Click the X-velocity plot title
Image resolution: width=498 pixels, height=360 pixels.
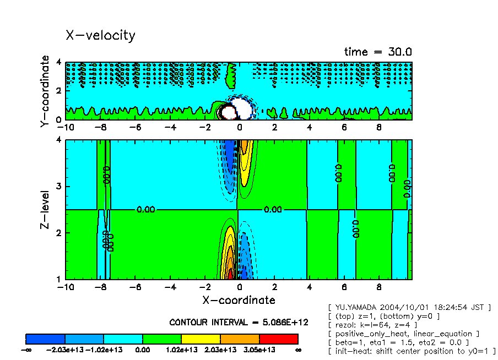(x=100, y=35)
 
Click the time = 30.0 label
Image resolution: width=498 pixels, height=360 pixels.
(x=378, y=52)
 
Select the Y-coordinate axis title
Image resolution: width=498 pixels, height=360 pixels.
(x=45, y=92)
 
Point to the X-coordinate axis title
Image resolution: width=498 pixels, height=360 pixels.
(x=238, y=300)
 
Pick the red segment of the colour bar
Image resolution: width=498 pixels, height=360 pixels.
(x=278, y=339)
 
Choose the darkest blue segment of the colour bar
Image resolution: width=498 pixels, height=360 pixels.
(x=46, y=339)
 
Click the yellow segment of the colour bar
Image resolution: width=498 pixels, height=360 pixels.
(x=201, y=339)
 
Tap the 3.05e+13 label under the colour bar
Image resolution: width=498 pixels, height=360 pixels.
(x=259, y=350)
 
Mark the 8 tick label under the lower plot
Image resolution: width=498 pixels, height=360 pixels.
(x=379, y=288)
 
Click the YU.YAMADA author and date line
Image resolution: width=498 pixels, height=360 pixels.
(x=409, y=307)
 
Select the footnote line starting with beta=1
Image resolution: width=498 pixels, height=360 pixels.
(x=398, y=342)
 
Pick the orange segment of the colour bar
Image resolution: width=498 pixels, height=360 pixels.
(x=240, y=339)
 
